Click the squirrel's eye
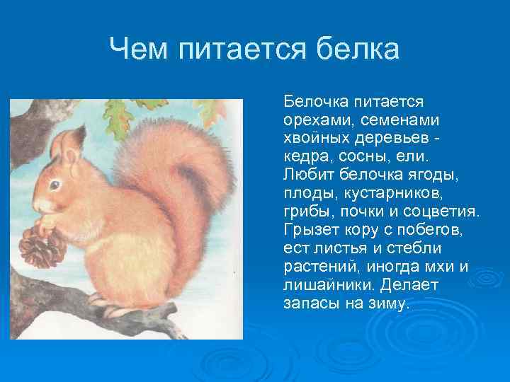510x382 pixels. [55, 185]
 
